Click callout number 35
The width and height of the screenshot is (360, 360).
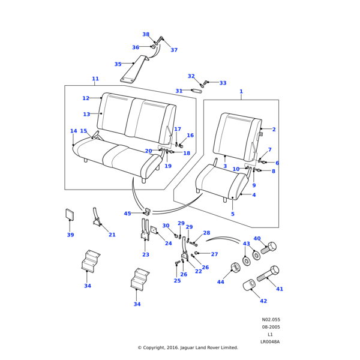click(118, 64)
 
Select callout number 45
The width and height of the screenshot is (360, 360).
click(127, 214)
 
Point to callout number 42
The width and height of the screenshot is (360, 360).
click(263, 301)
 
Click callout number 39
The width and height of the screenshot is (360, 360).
click(70, 235)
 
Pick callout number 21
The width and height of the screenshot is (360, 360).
click(112, 235)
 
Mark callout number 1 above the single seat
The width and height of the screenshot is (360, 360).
click(241, 92)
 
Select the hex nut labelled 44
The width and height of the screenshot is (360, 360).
click(236, 267)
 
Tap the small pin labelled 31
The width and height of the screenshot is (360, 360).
click(200, 91)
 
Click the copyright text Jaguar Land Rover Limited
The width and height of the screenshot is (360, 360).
click(188, 347)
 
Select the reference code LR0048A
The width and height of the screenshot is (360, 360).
click(270, 341)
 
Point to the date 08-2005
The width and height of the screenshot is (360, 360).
click(271, 327)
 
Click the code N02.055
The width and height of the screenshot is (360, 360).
click(271, 320)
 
